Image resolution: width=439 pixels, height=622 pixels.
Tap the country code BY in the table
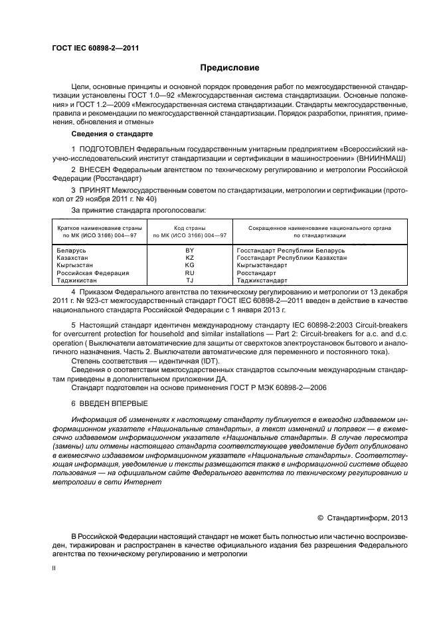click(x=189, y=250)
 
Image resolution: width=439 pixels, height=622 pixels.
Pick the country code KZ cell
click(x=189, y=257)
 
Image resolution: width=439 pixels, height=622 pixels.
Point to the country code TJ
click(x=189, y=280)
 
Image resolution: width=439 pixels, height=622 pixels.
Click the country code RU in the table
click(x=189, y=273)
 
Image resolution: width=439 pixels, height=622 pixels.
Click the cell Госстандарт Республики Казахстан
click(x=292, y=257)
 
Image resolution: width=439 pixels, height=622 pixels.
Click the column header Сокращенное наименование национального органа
click(x=319, y=228)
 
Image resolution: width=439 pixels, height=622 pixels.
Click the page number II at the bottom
click(x=55, y=569)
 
